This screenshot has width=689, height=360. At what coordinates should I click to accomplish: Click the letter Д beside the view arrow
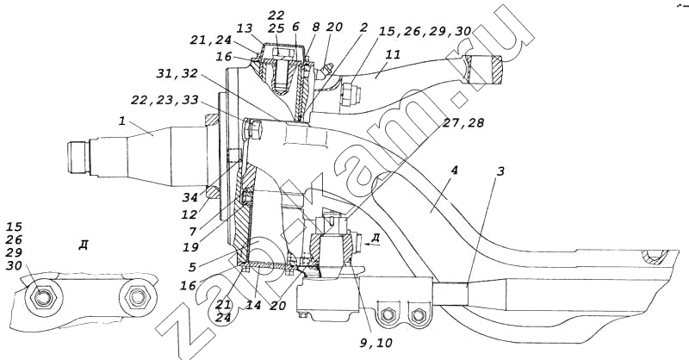pyautogui.click(x=376, y=237)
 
